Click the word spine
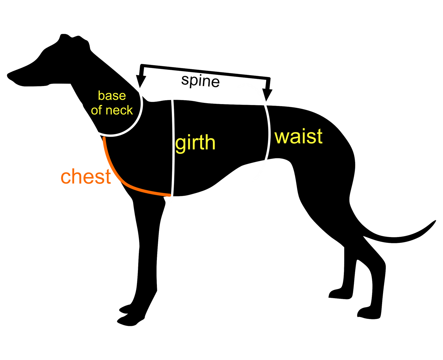coord(200,81)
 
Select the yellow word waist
coord(298,136)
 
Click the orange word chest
coord(86,176)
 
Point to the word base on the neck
coord(112,96)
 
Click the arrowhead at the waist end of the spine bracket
coord(267,95)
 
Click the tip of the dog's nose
coord(8,75)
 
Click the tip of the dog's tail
coord(435,221)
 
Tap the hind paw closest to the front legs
coord(340,294)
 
